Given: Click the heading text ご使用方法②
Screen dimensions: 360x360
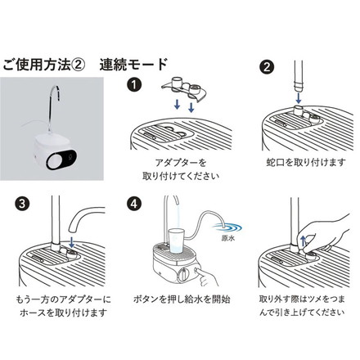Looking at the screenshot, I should (x=43, y=63).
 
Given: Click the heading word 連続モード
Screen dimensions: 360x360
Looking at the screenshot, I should (x=133, y=63).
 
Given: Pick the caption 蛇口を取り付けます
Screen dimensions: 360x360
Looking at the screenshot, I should (x=295, y=164).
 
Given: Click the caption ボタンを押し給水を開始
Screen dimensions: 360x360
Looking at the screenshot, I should (x=179, y=299).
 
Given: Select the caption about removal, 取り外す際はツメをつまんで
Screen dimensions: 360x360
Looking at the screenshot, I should (x=295, y=306).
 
